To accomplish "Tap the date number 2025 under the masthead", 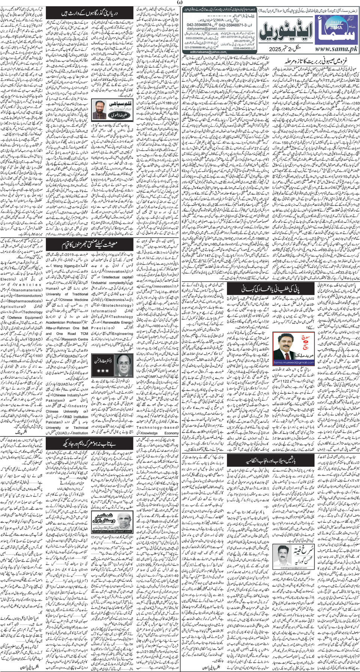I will pyautogui.click(x=277, y=49).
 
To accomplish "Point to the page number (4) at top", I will pyautogui.click(x=180, y=3).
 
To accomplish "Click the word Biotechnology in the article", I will pyautogui.click(x=117, y=305).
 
